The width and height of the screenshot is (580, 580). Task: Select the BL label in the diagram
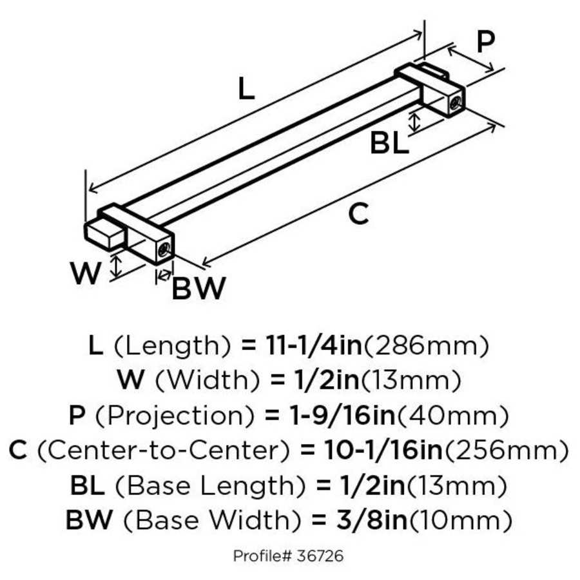pyautogui.click(x=389, y=143)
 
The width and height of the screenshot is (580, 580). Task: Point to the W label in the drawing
pyautogui.click(x=86, y=274)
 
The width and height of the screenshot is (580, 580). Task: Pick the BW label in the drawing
pyautogui.click(x=198, y=288)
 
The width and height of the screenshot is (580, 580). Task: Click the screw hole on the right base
pyautogui.click(x=455, y=101)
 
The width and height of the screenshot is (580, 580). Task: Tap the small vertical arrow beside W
pyautogui.click(x=116, y=266)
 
